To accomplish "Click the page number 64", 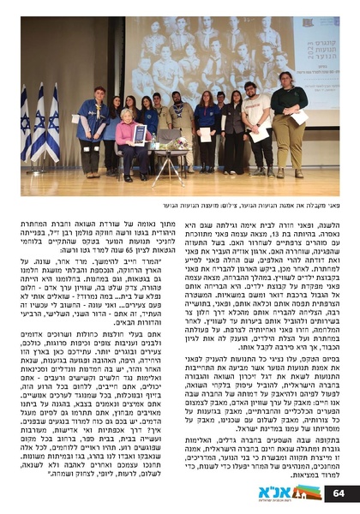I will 338,493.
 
